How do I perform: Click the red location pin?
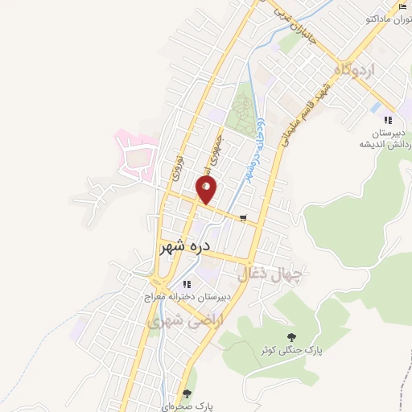tap(207, 189)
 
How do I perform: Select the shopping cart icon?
tap(243, 216)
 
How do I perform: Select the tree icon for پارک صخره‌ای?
tap(187, 393)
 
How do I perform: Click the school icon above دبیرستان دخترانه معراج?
tap(187, 284)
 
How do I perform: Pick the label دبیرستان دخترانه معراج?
tap(187, 297)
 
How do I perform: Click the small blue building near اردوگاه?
tap(377, 106)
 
